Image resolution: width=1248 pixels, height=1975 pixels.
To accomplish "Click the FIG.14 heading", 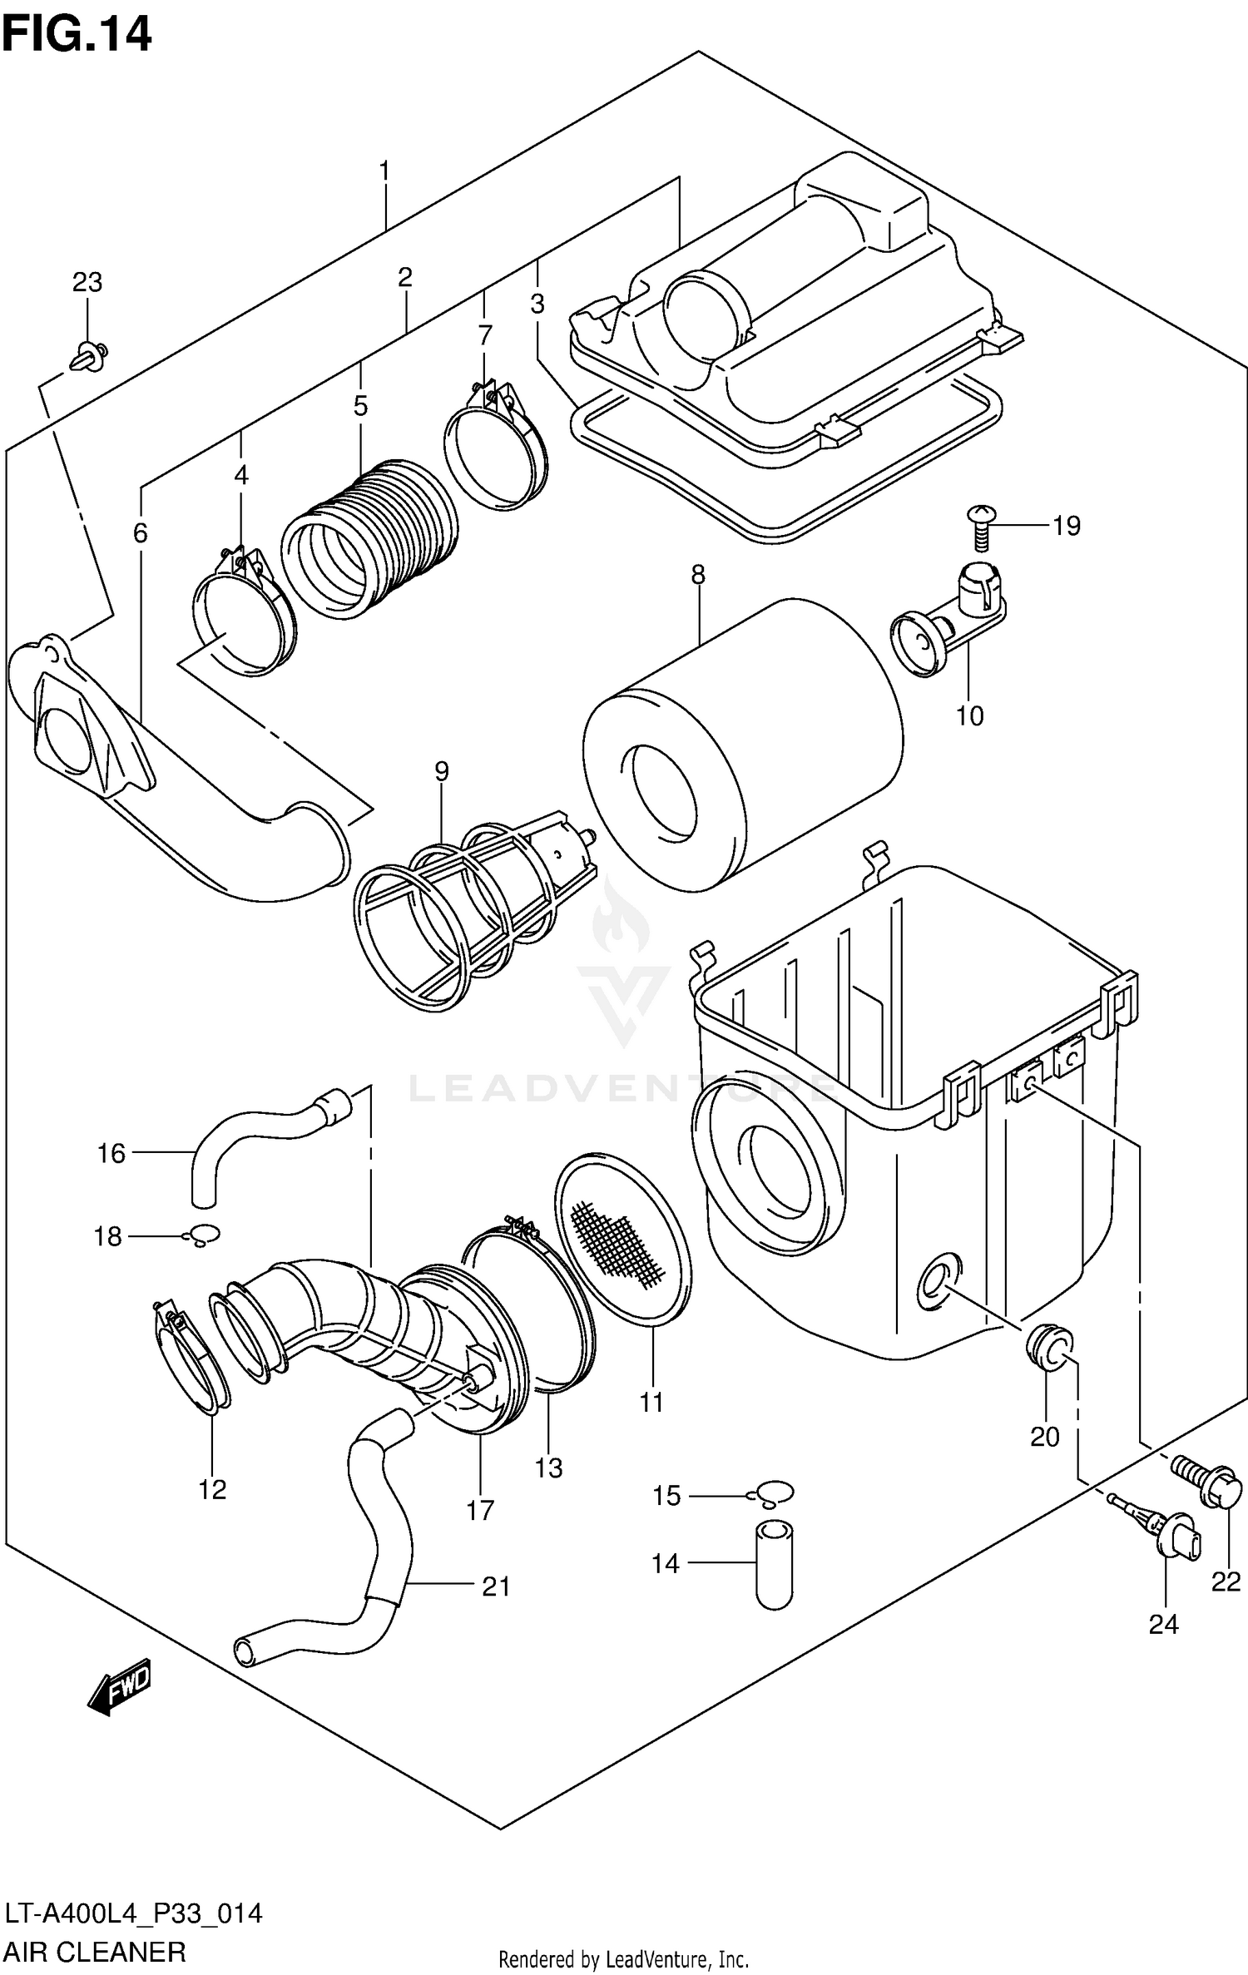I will pos(77,35).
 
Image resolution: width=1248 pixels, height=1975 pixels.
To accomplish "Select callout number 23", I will pos(87,283).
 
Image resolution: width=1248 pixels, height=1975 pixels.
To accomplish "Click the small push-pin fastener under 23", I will pos(89,356).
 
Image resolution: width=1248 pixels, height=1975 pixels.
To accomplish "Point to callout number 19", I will pos(1066,526).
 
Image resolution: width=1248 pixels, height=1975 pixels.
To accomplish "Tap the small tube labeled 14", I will pos(774,1564).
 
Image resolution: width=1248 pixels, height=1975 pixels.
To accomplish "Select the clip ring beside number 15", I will pos(774,1492).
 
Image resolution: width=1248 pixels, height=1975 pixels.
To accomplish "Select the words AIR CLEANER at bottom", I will pos(95,1950).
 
